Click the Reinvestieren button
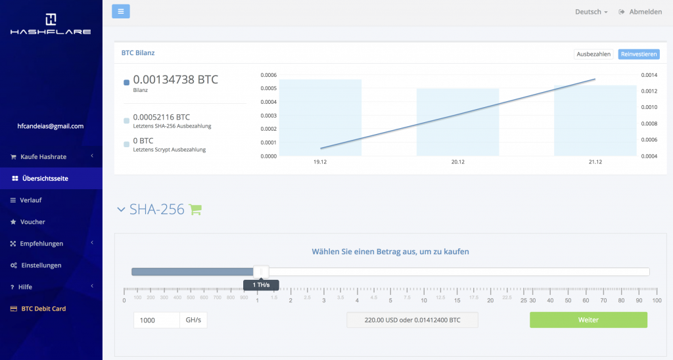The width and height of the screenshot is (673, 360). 638,54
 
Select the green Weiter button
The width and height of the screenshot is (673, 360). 588,320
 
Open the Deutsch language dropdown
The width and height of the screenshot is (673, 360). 591,12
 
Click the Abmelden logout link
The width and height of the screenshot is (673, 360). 640,12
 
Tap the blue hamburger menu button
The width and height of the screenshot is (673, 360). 121,11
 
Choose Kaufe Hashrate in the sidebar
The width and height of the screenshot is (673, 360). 43,156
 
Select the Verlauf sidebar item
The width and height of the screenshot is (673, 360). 30,200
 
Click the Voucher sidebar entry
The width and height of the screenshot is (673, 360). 32,221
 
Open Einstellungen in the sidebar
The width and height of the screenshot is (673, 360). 41,265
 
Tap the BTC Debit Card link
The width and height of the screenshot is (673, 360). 43,308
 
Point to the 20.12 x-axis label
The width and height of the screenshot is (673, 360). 458,162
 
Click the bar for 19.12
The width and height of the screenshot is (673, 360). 320,118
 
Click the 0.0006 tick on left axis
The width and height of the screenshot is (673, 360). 267,75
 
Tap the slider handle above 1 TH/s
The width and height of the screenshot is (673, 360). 261,272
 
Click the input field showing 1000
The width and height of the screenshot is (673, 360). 156,320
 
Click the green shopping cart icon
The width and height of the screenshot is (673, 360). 195,210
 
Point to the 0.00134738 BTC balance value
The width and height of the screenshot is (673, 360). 175,79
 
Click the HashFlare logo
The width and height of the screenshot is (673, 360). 51,24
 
